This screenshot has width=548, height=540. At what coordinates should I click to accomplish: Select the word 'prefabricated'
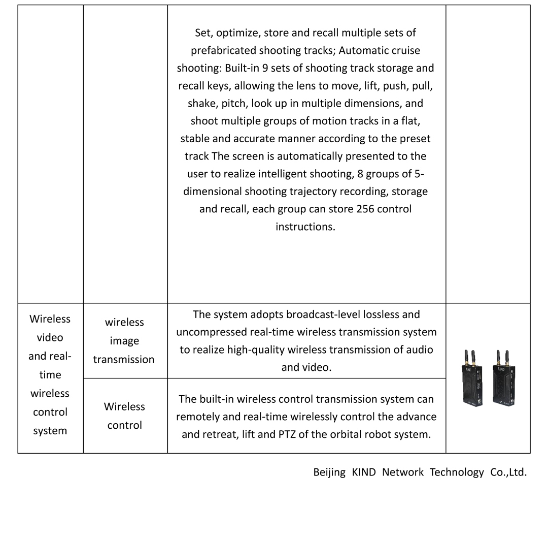[223, 51]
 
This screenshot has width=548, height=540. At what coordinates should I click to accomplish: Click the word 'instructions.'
[305, 227]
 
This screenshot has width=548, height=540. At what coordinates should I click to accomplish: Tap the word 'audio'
[419, 350]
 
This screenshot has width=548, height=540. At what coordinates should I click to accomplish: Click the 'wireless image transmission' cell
[124, 341]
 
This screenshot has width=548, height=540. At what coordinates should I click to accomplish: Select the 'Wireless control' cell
[124, 416]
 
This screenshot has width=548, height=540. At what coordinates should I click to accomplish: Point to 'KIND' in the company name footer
[364, 472]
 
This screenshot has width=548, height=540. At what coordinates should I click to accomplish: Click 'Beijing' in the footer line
[329, 472]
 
